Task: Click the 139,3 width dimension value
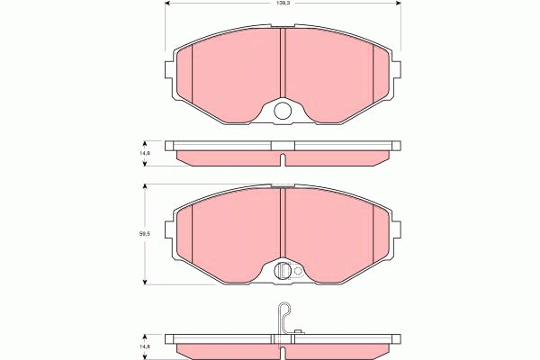click(x=283, y=4)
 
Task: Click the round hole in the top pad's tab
click(x=283, y=112)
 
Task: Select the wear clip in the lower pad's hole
click(x=283, y=270)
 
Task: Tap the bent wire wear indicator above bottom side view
click(x=283, y=317)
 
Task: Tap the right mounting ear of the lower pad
click(x=396, y=236)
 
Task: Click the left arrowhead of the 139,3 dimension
click(x=168, y=4)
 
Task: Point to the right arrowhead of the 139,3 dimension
click(x=397, y=4)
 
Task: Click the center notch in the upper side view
click(x=283, y=160)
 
